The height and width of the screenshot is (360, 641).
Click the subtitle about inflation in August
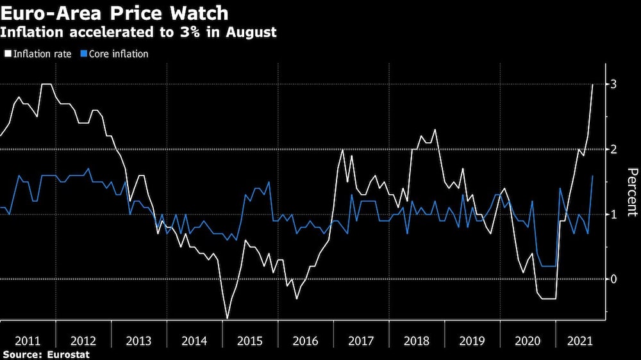[x=139, y=33]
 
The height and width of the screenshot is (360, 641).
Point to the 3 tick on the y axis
[x=613, y=85]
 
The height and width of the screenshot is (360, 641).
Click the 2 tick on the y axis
[x=613, y=149]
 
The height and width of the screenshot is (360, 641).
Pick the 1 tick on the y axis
[x=613, y=214]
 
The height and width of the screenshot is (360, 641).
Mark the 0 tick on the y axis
[x=613, y=279]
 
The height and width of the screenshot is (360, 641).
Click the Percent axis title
[x=632, y=192]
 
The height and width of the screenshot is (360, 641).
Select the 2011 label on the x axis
[x=28, y=340]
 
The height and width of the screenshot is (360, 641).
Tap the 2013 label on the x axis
[x=138, y=340]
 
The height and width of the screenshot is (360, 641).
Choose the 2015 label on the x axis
[x=250, y=340]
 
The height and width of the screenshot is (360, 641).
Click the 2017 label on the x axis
[x=361, y=340]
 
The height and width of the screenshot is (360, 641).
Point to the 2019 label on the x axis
[x=472, y=340]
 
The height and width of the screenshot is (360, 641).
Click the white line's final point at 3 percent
[x=592, y=85]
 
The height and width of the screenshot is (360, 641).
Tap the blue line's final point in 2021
[x=592, y=176]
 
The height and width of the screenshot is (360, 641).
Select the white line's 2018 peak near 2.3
[x=435, y=130]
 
